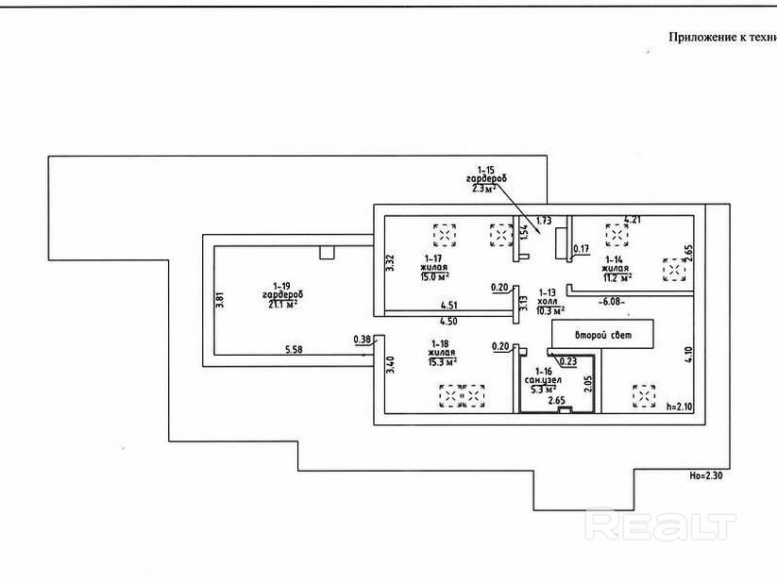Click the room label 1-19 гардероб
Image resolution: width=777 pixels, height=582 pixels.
tap(281, 294)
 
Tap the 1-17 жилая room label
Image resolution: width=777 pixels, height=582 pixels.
tap(434, 266)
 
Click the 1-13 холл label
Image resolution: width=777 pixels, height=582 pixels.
tap(550, 301)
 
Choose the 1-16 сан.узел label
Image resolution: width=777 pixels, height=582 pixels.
tap(542, 378)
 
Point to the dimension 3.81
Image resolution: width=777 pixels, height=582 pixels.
tap(220, 299)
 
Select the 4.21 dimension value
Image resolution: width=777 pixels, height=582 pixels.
tap(632, 219)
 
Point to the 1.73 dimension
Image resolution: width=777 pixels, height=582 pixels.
tap(544, 221)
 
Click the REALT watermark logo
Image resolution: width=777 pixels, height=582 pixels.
tap(660, 524)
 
